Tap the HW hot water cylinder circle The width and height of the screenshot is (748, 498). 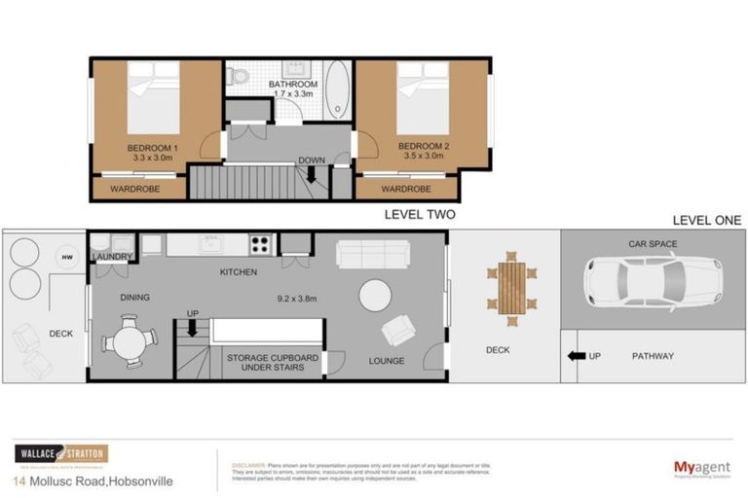[x=67, y=257]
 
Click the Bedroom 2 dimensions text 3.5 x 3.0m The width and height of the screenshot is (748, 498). [x=422, y=157]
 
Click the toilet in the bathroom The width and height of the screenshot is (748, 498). [x=237, y=76]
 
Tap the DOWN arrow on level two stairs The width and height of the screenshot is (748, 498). [x=312, y=175]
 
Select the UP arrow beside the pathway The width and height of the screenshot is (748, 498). [x=577, y=356]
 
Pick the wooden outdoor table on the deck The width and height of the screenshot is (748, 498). [x=510, y=286]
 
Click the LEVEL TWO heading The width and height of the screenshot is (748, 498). [x=419, y=215]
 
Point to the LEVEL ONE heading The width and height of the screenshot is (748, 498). [x=706, y=221]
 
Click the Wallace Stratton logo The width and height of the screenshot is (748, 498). [x=60, y=454]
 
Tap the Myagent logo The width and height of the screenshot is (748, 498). [x=702, y=469]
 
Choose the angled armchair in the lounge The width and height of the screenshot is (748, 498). [x=398, y=331]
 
